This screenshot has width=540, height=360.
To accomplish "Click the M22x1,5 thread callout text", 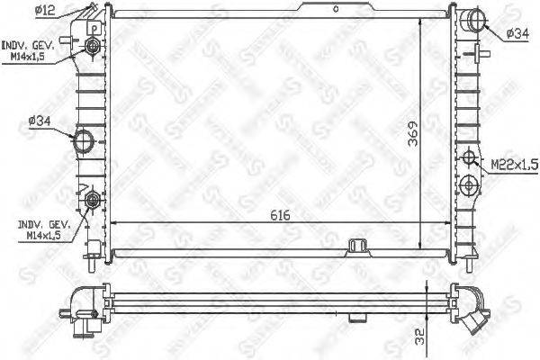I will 513,165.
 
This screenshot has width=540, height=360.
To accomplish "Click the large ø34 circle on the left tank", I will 84,140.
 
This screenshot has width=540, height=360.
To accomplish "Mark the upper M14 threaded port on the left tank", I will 94,46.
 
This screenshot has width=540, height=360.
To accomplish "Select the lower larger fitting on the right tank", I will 468,186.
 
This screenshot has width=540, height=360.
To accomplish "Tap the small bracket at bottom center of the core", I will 357,245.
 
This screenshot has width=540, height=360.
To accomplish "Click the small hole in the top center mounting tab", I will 335,9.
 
